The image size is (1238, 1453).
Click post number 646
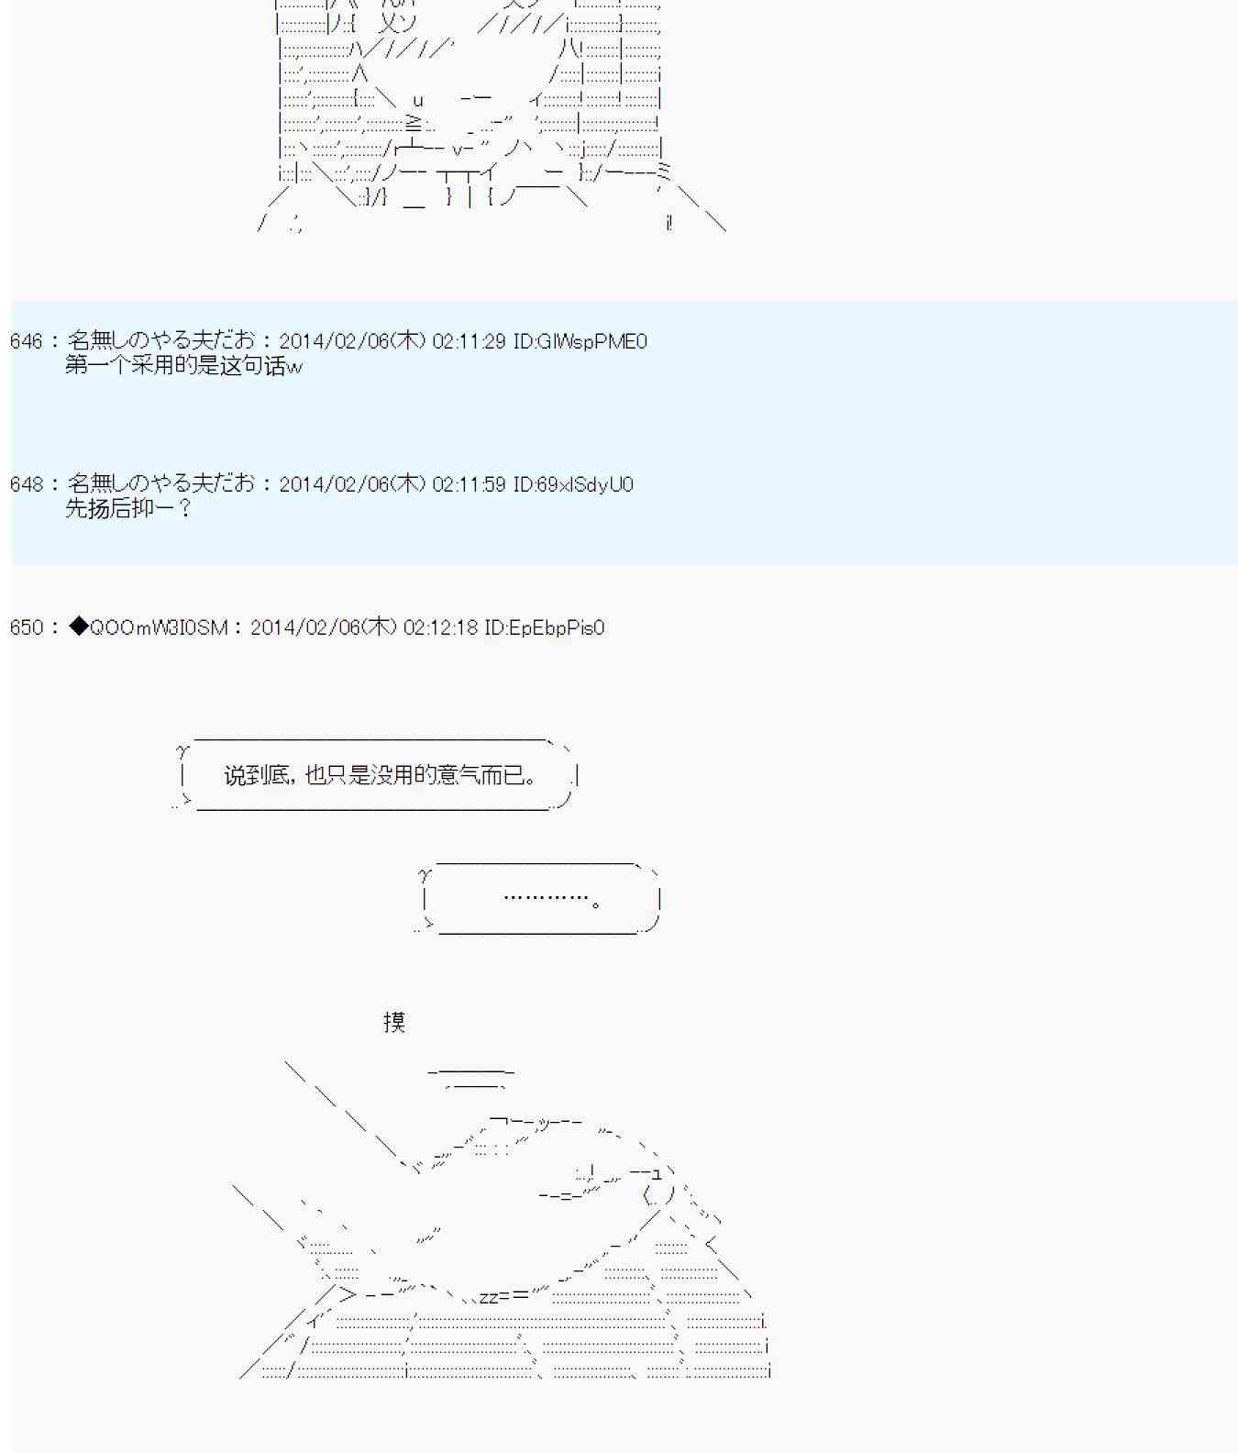point(27,341)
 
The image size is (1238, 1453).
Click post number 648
point(27,484)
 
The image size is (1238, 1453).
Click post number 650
point(27,627)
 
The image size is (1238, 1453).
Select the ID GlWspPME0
point(591,341)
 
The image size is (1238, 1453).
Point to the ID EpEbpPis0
point(556,627)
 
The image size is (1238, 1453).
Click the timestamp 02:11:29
point(469,341)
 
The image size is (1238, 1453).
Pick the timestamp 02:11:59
point(469,484)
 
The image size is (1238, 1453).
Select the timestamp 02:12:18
point(440,627)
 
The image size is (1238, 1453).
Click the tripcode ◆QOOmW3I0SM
point(148,627)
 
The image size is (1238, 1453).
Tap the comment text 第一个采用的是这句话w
point(184,366)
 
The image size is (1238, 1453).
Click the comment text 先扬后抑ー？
point(128,508)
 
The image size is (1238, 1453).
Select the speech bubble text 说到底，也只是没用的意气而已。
point(381,776)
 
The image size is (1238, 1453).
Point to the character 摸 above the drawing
point(394,1022)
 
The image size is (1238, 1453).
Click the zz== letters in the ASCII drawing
point(504,1295)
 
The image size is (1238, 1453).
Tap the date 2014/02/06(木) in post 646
point(353,341)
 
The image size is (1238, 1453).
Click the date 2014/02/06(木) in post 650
point(324,627)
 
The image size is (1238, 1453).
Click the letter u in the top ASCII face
point(418,101)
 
